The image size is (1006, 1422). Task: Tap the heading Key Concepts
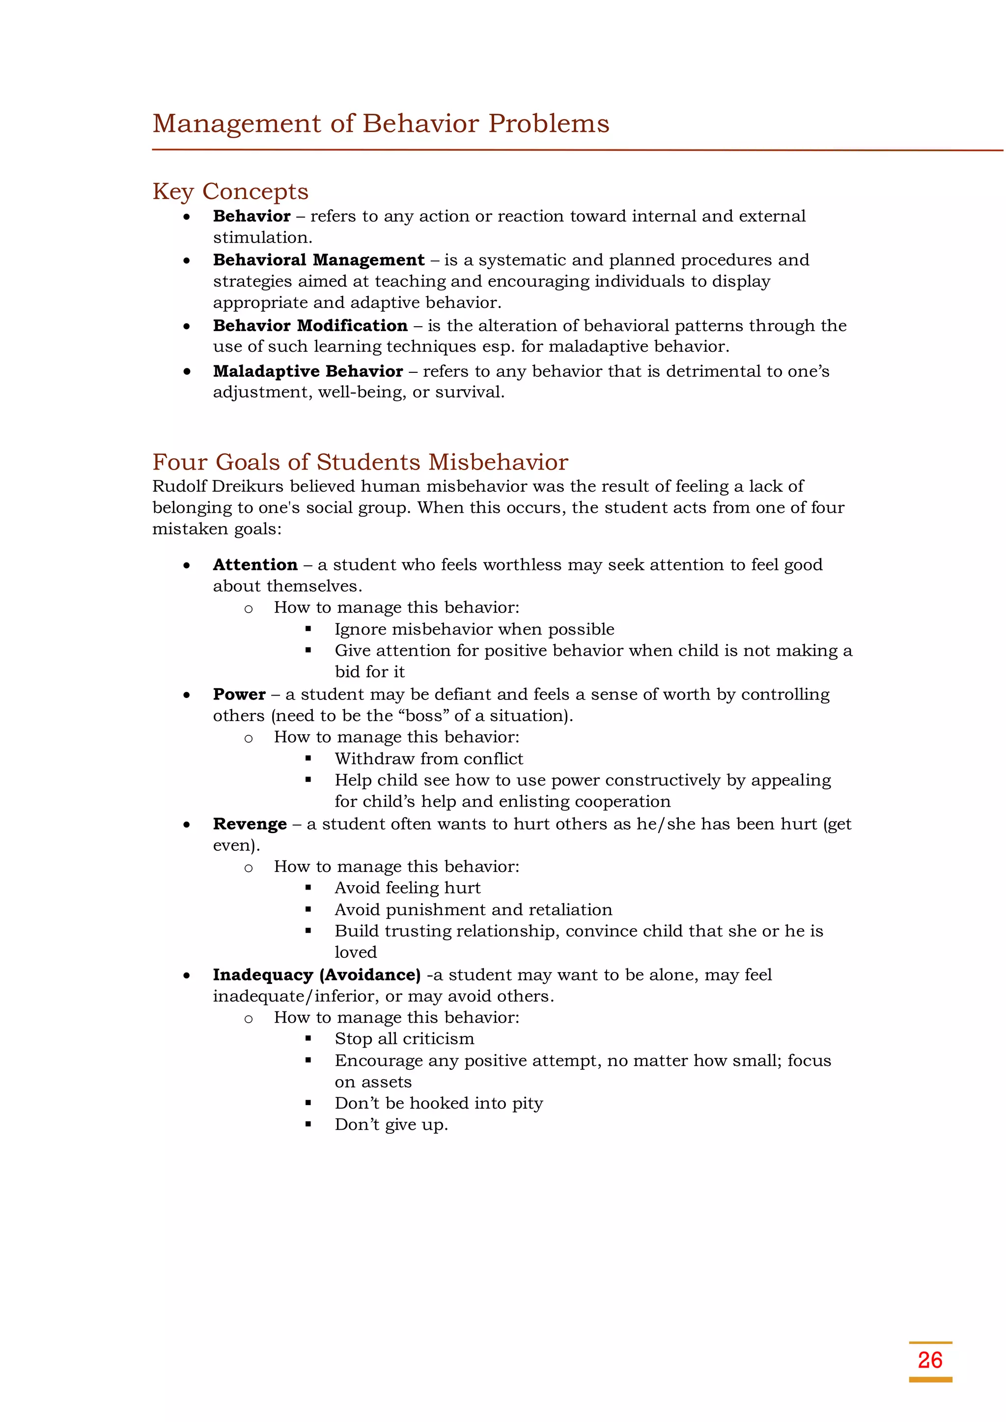point(230,192)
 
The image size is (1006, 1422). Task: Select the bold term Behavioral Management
point(318,260)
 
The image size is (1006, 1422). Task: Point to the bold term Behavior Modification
point(310,326)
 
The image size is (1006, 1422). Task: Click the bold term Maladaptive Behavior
point(308,372)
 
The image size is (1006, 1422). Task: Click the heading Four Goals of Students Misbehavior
point(360,463)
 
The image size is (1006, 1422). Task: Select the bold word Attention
point(255,565)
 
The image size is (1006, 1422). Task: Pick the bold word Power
point(239,695)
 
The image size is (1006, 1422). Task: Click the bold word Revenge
point(250,824)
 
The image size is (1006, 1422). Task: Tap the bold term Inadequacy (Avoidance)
point(316,975)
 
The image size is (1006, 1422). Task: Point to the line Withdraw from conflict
point(429,759)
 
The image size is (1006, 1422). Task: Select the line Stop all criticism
point(404,1039)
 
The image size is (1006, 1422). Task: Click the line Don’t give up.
point(391,1125)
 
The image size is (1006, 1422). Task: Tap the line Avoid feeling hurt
point(407,888)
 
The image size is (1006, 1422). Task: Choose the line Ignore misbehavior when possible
point(474,629)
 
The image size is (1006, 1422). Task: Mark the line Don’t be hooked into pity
point(439,1103)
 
